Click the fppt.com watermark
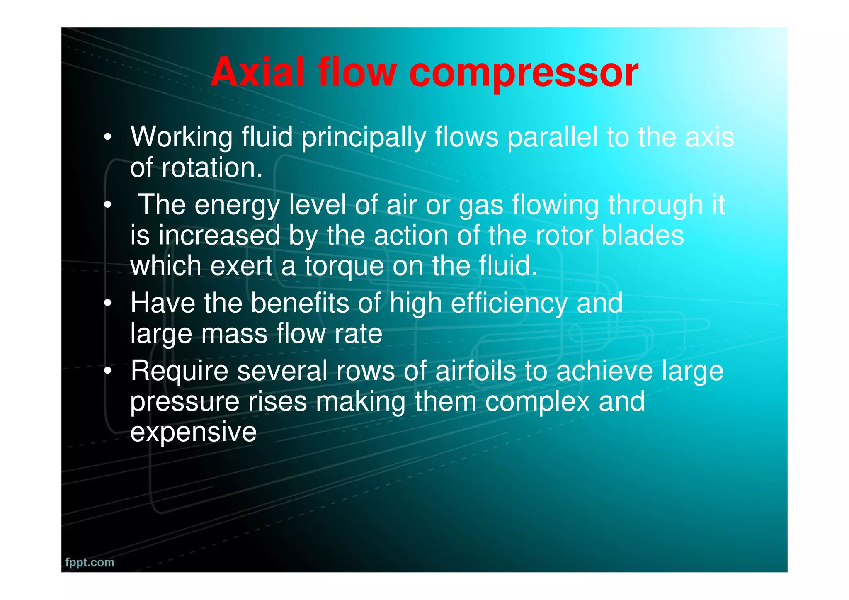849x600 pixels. tap(90, 562)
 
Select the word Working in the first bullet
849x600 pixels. tap(182, 137)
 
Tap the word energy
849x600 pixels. tap(237, 205)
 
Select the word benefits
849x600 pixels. tap(300, 303)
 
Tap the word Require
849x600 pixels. tap(179, 371)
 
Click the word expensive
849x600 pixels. tap(193, 432)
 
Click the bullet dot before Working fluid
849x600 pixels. tap(108, 137)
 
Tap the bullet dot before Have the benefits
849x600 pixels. tap(108, 303)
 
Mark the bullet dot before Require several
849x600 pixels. tap(108, 371)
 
